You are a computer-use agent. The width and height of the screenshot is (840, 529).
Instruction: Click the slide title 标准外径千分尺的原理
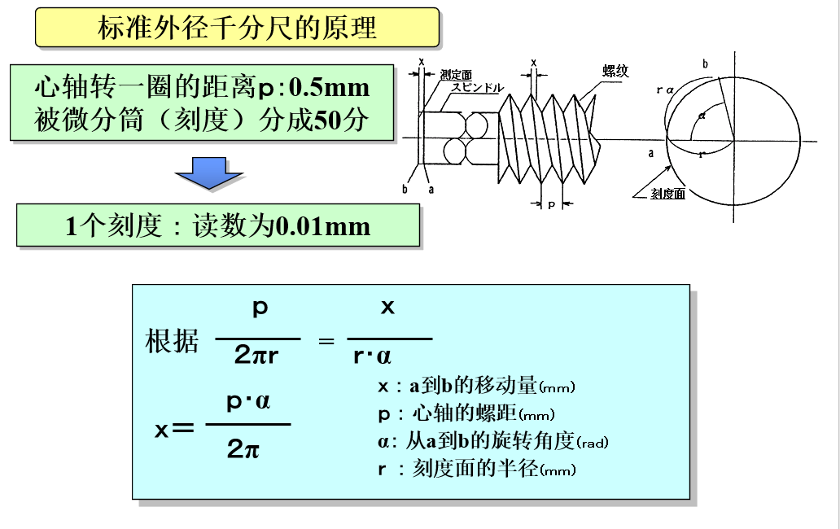[237, 28]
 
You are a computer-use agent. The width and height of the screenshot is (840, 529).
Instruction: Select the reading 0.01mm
[323, 225]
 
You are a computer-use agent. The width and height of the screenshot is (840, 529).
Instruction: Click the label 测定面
[456, 75]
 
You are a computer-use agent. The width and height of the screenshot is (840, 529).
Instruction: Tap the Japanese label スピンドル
[478, 88]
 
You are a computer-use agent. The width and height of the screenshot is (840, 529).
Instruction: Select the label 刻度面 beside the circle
[668, 194]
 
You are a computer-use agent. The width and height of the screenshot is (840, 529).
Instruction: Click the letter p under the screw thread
[551, 205]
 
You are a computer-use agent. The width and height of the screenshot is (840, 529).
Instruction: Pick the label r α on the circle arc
[665, 90]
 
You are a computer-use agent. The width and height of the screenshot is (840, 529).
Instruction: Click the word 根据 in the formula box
[171, 341]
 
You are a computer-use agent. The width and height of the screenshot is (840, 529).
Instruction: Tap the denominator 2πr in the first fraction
[257, 355]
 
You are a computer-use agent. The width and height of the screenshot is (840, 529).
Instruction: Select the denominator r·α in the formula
[373, 356]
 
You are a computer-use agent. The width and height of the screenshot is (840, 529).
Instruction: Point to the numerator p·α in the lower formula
[247, 403]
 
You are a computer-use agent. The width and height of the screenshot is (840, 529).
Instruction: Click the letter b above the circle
[705, 63]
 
